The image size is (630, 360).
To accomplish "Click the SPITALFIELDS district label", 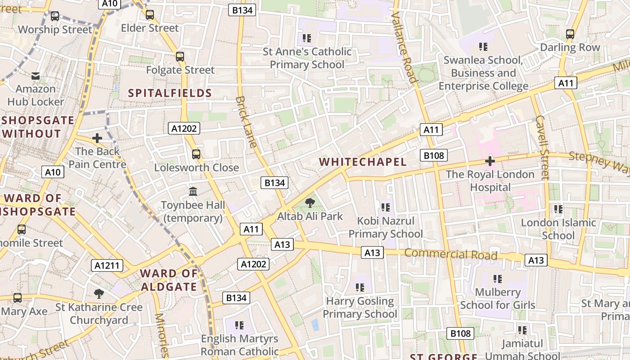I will [x=170, y=93].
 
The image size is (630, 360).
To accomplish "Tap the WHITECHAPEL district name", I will [x=363, y=162].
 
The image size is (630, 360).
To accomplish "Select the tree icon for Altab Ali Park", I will [x=310, y=203].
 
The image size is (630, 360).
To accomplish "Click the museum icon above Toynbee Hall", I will [x=193, y=192].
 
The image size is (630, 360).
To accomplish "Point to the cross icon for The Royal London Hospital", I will [x=490, y=161].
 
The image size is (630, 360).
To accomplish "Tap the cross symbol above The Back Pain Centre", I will [x=97, y=138].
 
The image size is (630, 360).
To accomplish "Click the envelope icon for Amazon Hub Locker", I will [x=36, y=76].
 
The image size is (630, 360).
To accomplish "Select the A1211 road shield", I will [x=107, y=265].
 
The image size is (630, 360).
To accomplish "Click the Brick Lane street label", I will [x=246, y=121].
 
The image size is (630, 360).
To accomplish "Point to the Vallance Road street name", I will [x=404, y=47].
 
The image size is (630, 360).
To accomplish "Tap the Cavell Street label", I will [x=542, y=148].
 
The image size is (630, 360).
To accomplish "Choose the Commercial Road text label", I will [x=450, y=254].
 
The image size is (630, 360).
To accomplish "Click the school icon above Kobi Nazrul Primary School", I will [x=385, y=207].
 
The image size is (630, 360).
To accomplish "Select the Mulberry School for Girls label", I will [x=498, y=299].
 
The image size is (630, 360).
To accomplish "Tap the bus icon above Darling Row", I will [x=570, y=34].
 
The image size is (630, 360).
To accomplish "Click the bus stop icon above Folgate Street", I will [x=180, y=57].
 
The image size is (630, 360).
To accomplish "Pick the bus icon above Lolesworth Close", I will [x=196, y=154].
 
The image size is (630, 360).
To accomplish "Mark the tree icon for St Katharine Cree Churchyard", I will [x=99, y=294].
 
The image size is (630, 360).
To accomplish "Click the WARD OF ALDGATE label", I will [x=169, y=280].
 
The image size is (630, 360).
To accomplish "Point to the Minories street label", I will [x=161, y=335].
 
